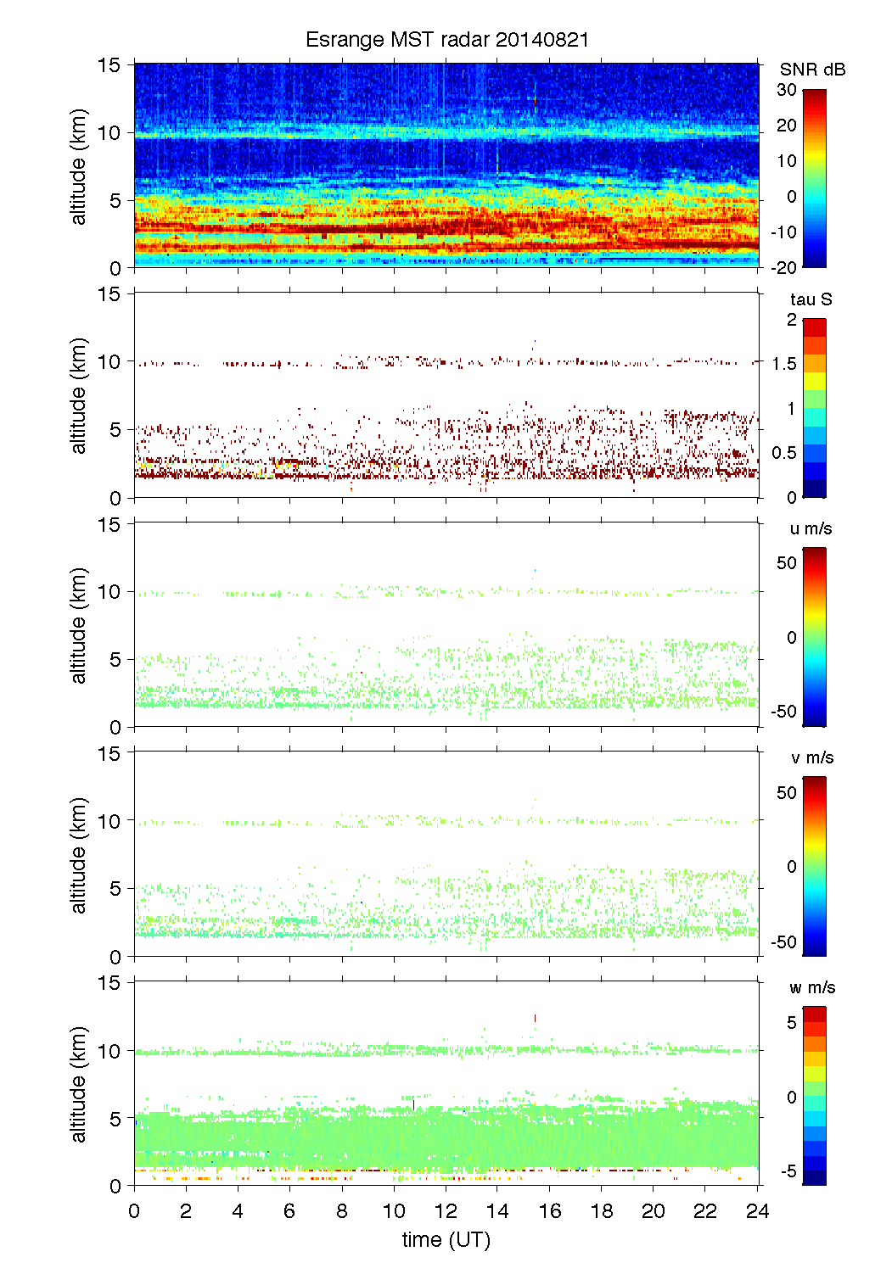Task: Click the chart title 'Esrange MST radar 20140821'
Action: click(x=446, y=40)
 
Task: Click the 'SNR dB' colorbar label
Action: click(x=812, y=70)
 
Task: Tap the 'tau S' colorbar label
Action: click(x=811, y=299)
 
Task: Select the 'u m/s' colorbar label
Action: click(x=811, y=528)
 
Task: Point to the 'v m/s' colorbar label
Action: click(x=811, y=757)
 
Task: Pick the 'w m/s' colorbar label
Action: click(x=811, y=987)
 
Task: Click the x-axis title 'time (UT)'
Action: click(x=446, y=1239)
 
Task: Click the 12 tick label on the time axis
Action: click(x=446, y=1210)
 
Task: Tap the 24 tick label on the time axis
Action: click(x=757, y=1210)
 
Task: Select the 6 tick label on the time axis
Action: click(x=289, y=1210)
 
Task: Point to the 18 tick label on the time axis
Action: click(x=602, y=1210)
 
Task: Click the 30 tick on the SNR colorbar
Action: click(x=787, y=90)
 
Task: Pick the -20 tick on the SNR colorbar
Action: click(x=784, y=267)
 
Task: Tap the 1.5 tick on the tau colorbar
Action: click(x=784, y=364)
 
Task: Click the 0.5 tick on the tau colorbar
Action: click(x=784, y=453)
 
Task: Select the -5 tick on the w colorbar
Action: click(x=788, y=1171)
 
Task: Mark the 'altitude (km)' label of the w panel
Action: click(x=79, y=1084)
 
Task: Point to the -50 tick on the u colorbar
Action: click(x=783, y=712)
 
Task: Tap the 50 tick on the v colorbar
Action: click(x=787, y=793)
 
